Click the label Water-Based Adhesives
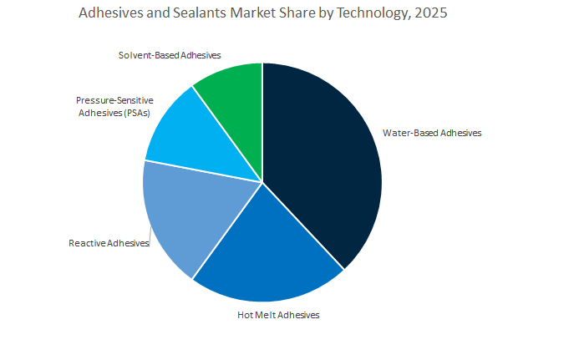432,132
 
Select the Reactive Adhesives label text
109,243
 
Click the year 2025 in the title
430,13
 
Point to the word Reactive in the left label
88,243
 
